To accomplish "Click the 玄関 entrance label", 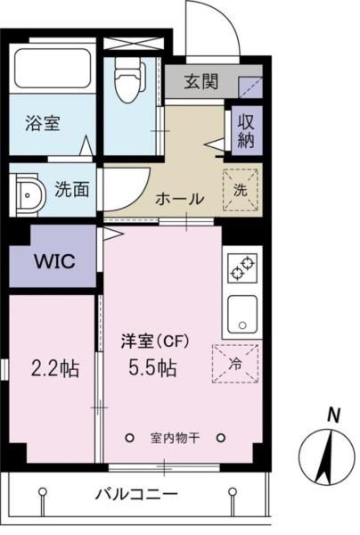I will pos(202,82).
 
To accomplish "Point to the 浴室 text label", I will pos(42,125).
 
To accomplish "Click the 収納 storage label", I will pos(246,131).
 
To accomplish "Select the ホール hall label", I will pos(180,198).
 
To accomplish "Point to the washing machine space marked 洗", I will pos(241,188).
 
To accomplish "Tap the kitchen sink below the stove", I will pos(241,312).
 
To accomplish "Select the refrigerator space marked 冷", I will pos(234,362).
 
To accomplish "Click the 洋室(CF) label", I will pos(151,339).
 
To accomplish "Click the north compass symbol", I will pos(328,455).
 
